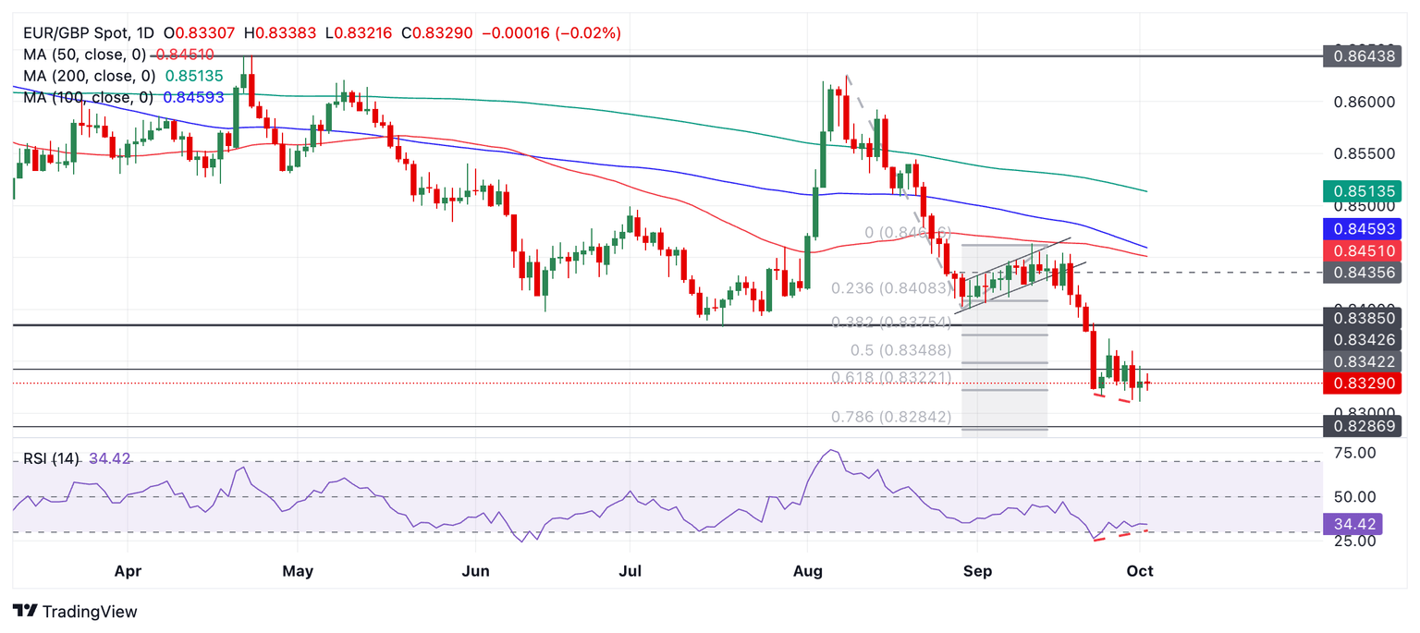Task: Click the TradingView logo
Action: pyautogui.click(x=76, y=611)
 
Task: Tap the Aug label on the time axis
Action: pyautogui.click(x=808, y=571)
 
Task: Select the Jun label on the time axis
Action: pyautogui.click(x=474, y=571)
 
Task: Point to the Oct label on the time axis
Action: pyautogui.click(x=1140, y=571)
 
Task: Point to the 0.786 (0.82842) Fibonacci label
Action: pyautogui.click(x=890, y=417)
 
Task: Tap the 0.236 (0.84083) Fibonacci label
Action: pyautogui.click(x=890, y=288)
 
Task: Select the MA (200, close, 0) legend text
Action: pyautogui.click(x=89, y=76)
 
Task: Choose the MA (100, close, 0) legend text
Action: pyautogui.click(x=89, y=96)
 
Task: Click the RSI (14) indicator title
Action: pyautogui.click(x=52, y=457)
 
